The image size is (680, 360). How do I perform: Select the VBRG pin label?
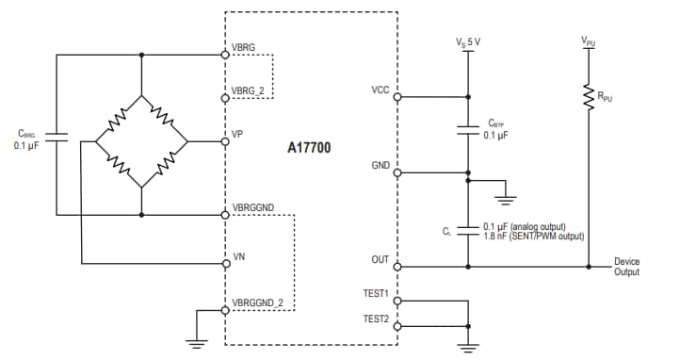(243, 46)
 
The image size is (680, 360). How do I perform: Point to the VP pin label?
(237, 134)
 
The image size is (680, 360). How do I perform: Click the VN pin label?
(238, 256)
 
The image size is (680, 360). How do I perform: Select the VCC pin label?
(380, 90)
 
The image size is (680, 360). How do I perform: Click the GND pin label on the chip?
(380, 166)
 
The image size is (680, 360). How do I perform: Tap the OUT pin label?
(380, 257)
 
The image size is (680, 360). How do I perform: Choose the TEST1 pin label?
(377, 293)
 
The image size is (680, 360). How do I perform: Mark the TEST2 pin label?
(377, 319)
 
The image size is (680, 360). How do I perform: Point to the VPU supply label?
(589, 41)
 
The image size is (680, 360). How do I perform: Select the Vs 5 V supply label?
(468, 41)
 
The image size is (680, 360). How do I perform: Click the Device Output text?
(626, 267)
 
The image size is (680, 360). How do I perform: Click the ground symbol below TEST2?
(468, 346)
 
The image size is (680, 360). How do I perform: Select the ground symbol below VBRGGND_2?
(196, 344)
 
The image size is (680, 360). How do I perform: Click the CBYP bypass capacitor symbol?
(468, 130)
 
